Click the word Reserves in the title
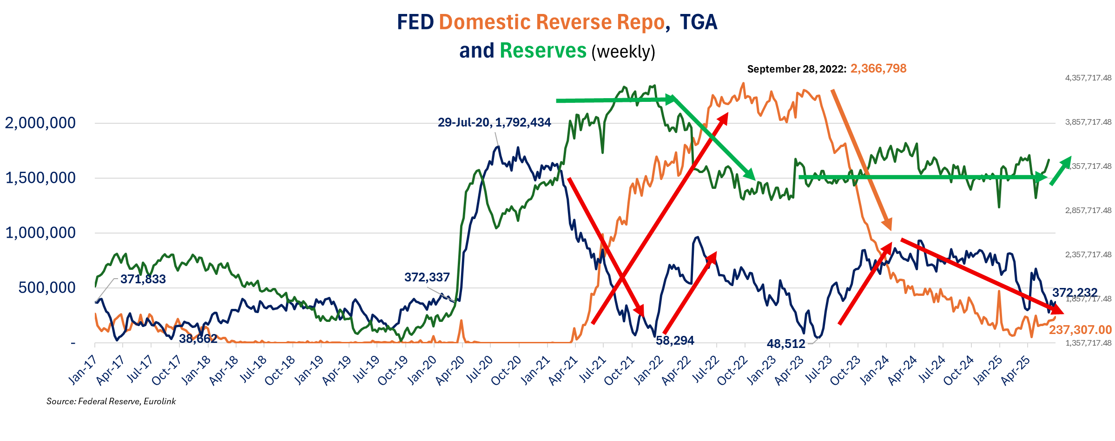[543, 51]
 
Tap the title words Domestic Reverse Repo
[552, 22]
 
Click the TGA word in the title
[699, 22]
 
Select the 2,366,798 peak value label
[878, 69]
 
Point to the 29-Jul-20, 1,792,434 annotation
[494, 122]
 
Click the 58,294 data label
[674, 341]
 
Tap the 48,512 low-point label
[785, 344]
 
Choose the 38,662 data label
[198, 339]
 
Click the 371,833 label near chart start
[143, 279]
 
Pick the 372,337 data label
[427, 277]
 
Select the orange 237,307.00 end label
[1080, 330]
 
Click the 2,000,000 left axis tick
[40, 123]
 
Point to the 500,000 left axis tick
[47, 288]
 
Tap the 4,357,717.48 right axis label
[1088, 78]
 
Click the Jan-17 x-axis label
[83, 370]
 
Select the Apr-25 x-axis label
[1015, 371]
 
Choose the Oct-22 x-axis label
[732, 371]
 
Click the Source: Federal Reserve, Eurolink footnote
[111, 401]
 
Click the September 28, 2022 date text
[796, 69]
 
